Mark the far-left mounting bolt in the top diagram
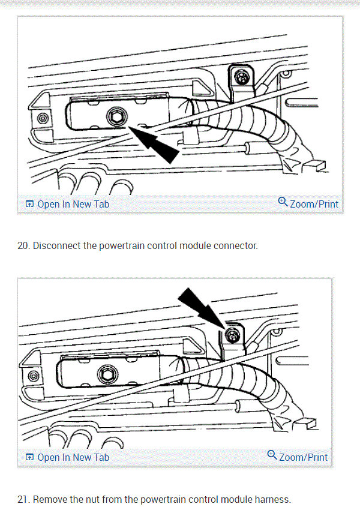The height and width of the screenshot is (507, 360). (41, 118)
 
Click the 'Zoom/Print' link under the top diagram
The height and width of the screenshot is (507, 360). (314, 204)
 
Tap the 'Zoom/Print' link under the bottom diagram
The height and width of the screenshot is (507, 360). (303, 457)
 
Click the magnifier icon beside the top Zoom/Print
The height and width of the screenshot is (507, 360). (283, 202)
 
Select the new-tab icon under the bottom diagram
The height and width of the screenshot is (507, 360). (29, 457)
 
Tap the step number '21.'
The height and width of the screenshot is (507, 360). (23, 499)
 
